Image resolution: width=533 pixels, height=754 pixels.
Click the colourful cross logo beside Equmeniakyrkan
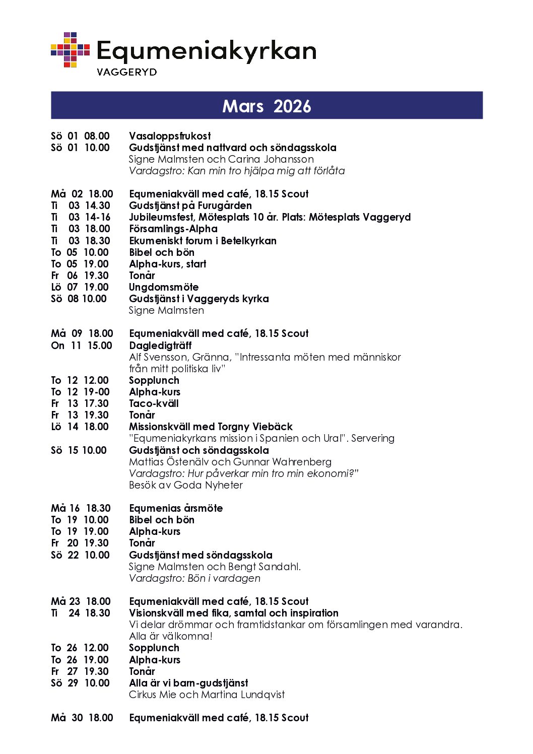(70, 50)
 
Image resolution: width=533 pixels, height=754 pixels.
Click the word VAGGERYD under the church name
(126, 72)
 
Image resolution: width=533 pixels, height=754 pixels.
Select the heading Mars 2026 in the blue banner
(266, 106)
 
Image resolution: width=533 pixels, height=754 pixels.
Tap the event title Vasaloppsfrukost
(170, 136)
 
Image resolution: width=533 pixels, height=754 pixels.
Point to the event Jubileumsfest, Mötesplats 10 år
(270, 217)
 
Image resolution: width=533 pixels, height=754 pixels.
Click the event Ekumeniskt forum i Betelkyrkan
(203, 241)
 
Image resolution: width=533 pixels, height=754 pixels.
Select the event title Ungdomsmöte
(164, 287)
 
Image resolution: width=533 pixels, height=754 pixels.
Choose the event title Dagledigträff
(160, 346)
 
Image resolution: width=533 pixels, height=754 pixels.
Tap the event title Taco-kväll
(154, 403)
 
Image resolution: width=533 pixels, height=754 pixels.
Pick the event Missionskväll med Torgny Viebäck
(211, 427)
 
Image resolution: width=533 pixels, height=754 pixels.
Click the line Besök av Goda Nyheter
(185, 485)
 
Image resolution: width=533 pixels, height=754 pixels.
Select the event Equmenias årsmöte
(176, 508)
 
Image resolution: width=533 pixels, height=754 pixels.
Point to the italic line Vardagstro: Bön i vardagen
(194, 578)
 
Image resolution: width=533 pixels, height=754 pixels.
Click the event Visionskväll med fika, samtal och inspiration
(234, 613)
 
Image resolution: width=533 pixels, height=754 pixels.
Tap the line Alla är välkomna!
(171, 636)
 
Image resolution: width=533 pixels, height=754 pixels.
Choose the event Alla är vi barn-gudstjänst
(188, 683)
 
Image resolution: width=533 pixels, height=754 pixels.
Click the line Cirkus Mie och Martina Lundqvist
(207, 695)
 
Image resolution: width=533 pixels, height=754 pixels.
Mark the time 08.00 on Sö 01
(97, 136)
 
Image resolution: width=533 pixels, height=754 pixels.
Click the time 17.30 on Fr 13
(96, 403)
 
